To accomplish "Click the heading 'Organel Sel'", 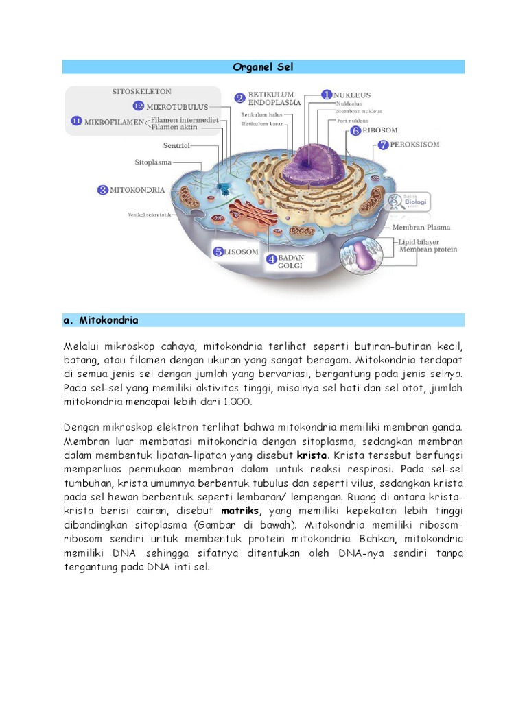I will pyautogui.click(x=263, y=67).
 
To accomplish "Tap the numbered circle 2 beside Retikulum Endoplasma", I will pyautogui.click(x=239, y=98).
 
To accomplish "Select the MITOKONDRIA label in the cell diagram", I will pyautogui.click(x=137, y=190).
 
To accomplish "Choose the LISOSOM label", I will pyautogui.click(x=242, y=252).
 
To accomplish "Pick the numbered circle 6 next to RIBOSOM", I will pyautogui.click(x=355, y=130).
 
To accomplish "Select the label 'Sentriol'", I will pyautogui.click(x=176, y=145).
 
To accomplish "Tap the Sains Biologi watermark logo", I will pyautogui.click(x=406, y=200).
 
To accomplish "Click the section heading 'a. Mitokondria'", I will pyautogui.click(x=100, y=320).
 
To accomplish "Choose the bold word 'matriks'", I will pyautogui.click(x=239, y=511).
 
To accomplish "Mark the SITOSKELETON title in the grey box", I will pyautogui.click(x=142, y=91).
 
